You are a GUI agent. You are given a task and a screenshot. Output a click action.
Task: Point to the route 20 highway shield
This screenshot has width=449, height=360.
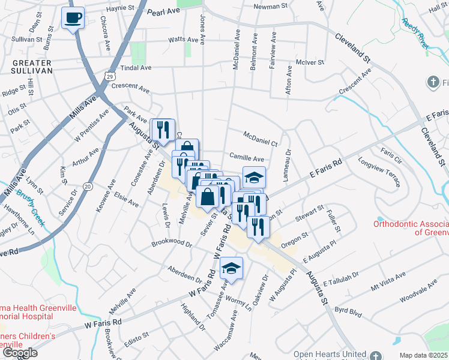tap(87, 188)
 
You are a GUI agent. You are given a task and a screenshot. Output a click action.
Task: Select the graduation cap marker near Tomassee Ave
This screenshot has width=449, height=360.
tap(231, 269)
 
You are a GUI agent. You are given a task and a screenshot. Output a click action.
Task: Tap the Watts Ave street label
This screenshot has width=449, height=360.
tap(183, 40)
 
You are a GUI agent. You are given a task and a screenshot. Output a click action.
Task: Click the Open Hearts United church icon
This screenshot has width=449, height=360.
tap(375, 355)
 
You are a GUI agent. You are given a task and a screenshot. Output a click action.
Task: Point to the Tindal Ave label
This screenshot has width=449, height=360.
tap(134, 68)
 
